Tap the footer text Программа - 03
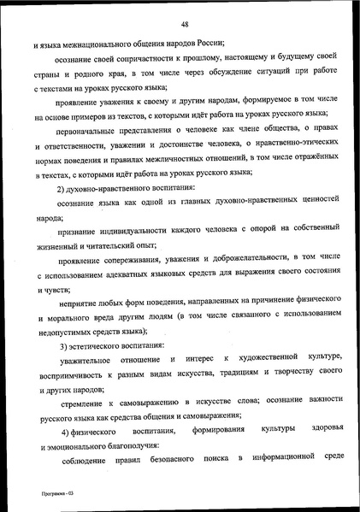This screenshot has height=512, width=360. pos(42,493)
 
